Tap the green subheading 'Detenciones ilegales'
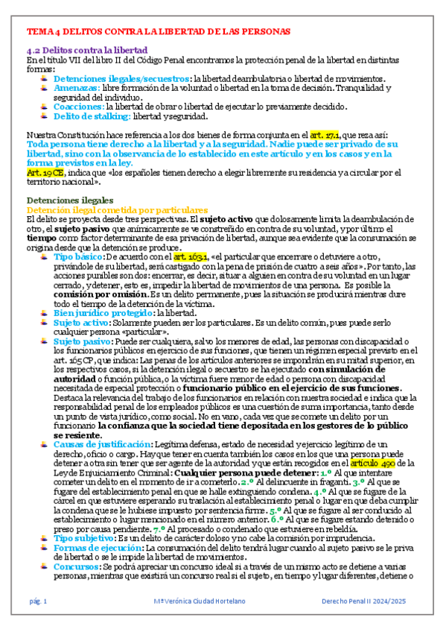69,200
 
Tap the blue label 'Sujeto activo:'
86,323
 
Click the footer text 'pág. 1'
38,600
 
